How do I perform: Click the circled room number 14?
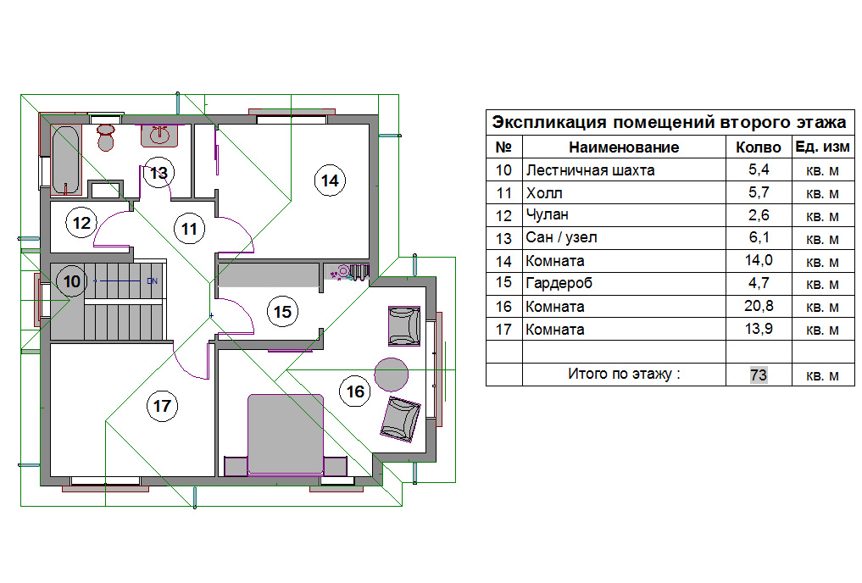330,180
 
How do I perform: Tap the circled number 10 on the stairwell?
72,281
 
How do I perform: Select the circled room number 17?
162,406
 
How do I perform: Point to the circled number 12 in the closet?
81,223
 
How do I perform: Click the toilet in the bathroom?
106,137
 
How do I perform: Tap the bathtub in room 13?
66,160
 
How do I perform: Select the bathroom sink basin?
159,136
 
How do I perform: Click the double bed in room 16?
286,434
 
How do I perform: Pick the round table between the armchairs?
392,375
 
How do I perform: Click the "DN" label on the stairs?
153,280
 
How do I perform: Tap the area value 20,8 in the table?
759,306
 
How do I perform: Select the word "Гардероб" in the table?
559,284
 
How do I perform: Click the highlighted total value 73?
759,375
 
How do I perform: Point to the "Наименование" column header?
624,147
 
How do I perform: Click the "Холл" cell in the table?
544,193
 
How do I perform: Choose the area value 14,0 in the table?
759,260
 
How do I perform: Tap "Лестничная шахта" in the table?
591,170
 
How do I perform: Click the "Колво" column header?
759,147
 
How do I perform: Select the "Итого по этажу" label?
624,375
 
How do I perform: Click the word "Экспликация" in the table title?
549,122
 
